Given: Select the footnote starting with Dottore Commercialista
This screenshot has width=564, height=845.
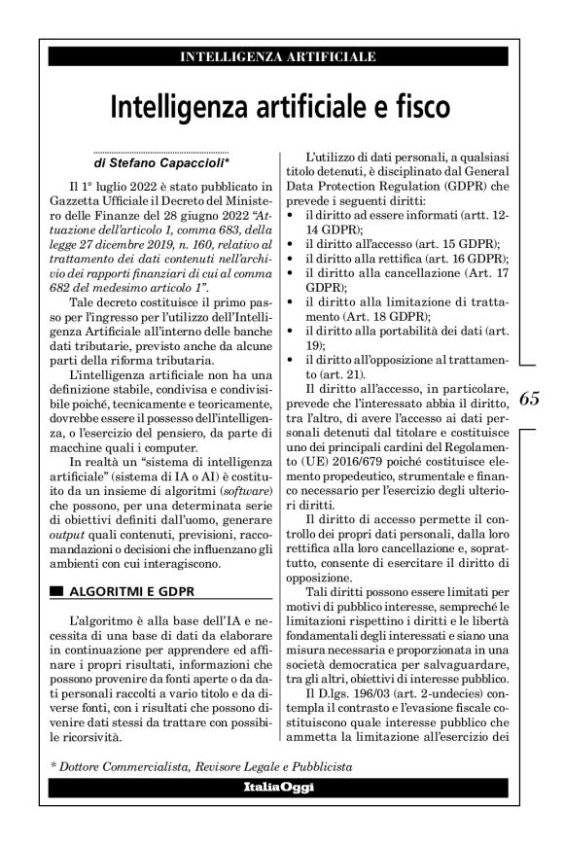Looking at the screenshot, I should click(200, 766).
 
